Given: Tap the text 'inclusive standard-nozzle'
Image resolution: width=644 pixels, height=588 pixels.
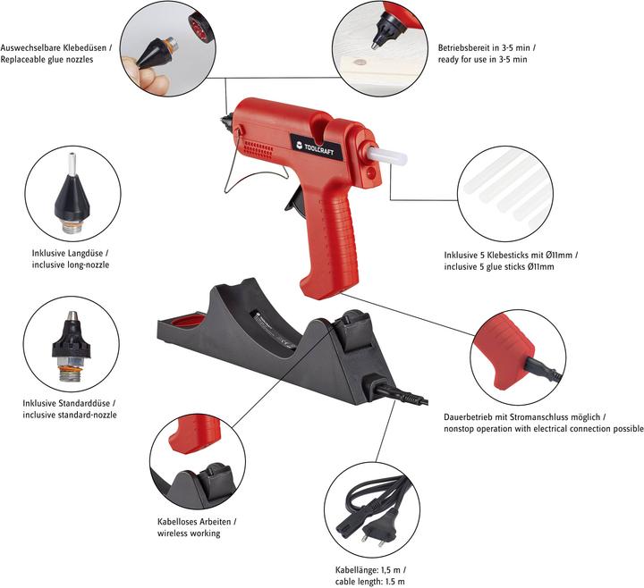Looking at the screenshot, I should pos(69,415).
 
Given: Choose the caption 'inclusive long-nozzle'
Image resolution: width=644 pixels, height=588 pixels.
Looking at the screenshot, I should pos(70,265).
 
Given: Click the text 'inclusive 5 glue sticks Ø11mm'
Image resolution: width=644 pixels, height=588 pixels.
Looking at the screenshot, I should pos(499,266).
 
